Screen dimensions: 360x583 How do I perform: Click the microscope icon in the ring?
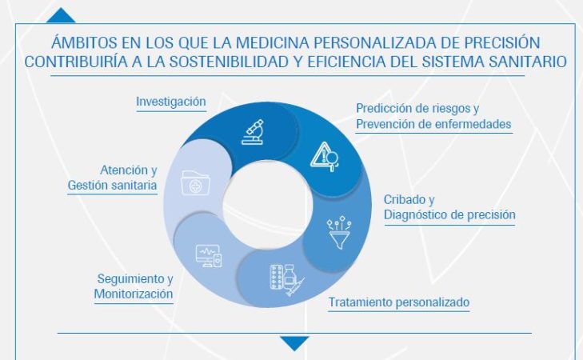pos(254,130)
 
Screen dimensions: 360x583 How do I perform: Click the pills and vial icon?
pos(285,277)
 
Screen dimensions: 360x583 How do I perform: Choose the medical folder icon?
pos(193,182)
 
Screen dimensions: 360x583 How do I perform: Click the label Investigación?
pos(171,102)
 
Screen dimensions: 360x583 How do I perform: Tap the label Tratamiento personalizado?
pos(398,302)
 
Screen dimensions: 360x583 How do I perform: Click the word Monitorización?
pos(134,294)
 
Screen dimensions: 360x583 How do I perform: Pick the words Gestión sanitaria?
pos(112,186)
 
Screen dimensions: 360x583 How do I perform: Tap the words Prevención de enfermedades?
pos(433,124)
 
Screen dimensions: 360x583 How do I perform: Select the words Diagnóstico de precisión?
pos(449,214)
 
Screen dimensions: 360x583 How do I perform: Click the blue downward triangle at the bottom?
pos(294,343)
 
